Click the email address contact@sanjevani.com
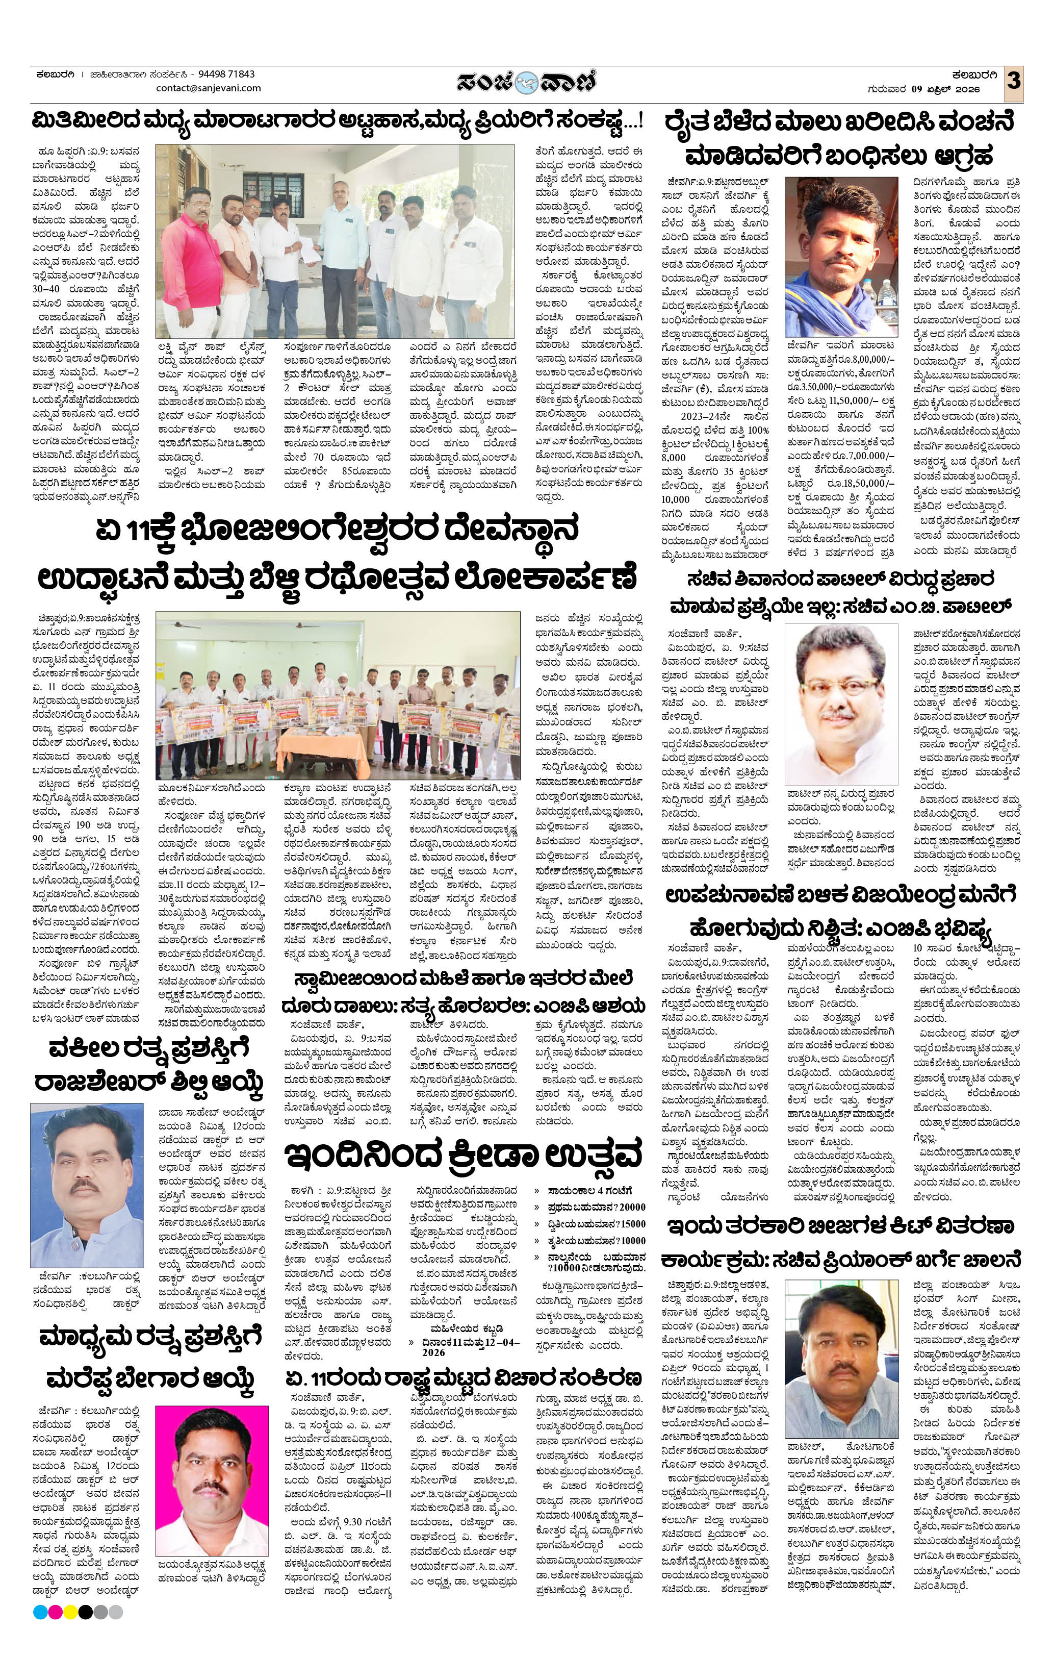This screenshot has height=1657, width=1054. pyautogui.click(x=209, y=88)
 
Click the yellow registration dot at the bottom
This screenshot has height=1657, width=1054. pyautogui.click(x=70, y=1631)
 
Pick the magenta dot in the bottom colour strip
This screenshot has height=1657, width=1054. pyautogui.click(x=55, y=1631)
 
